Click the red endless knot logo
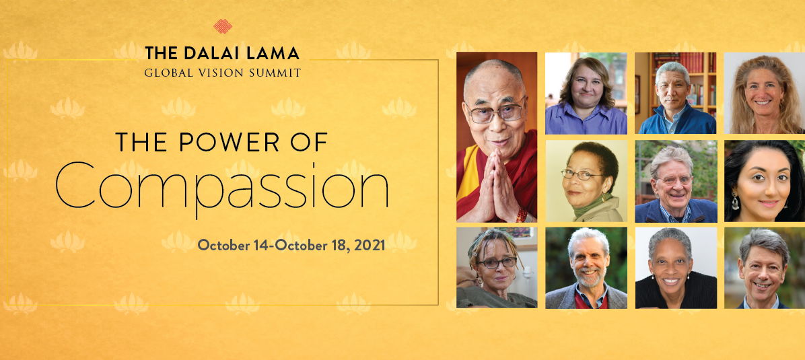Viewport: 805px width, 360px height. click(222, 26)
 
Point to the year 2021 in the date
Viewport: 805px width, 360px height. click(367, 245)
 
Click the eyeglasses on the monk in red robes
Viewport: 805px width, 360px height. click(494, 112)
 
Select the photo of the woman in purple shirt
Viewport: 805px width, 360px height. click(586, 93)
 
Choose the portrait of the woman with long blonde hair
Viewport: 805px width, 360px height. click(765, 93)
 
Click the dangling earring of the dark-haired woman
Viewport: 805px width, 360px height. click(735, 201)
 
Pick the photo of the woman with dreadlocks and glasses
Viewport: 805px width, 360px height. click(497, 268)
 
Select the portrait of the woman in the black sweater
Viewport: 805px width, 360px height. click(676, 268)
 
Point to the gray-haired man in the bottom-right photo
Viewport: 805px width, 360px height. click(765, 268)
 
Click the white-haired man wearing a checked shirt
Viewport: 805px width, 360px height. click(676, 181)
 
